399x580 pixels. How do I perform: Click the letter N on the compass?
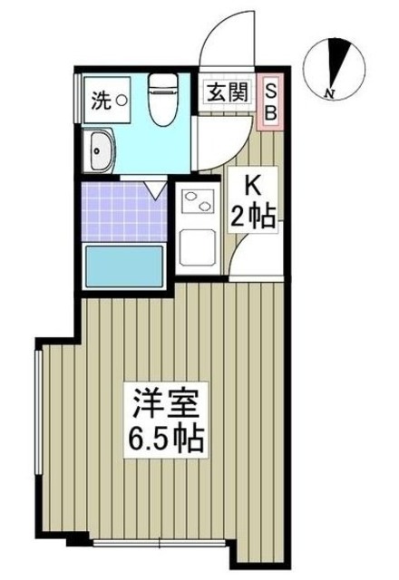[x=332, y=92]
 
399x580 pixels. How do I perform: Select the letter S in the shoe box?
[x=270, y=90]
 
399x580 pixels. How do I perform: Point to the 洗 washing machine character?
[x=99, y=101]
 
